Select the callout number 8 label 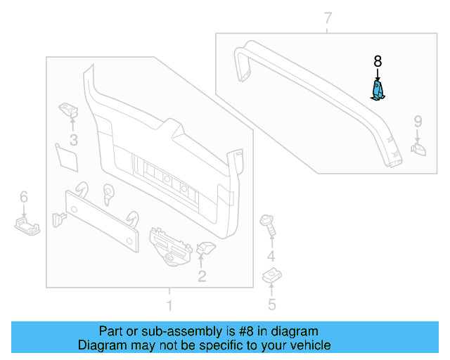(x=378, y=62)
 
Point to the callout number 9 (x=418, y=122)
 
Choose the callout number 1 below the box (x=169, y=306)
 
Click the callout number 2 (x=202, y=276)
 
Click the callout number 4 (x=271, y=257)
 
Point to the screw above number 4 (x=268, y=224)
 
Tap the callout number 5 (x=271, y=304)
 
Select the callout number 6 (x=23, y=196)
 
